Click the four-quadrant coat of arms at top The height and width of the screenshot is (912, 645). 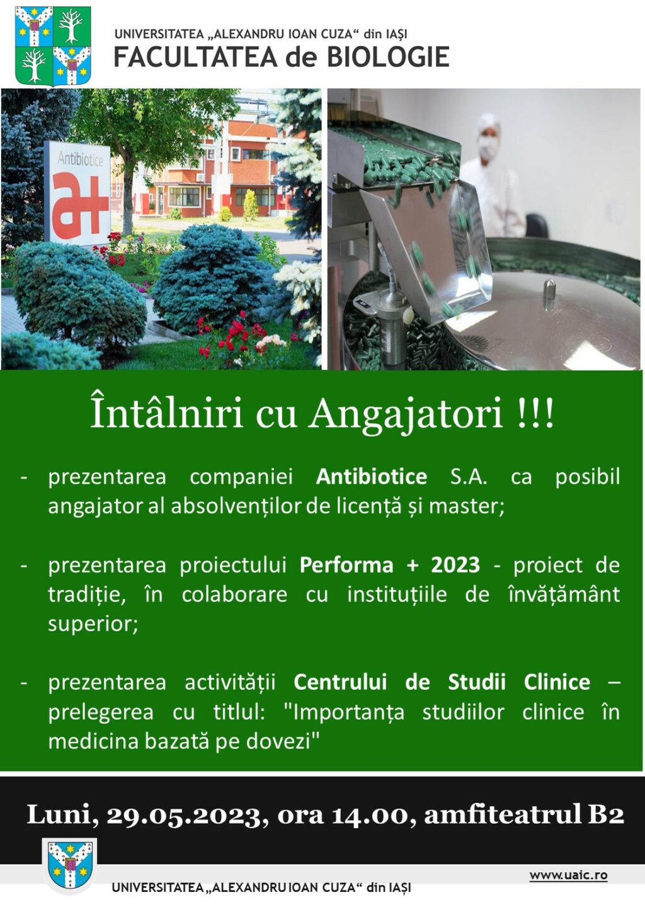[54, 46]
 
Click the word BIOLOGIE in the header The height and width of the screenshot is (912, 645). [388, 57]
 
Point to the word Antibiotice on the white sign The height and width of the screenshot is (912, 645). [80, 158]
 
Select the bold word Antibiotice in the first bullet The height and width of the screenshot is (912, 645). [372, 477]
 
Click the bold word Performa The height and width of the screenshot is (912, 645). [346, 566]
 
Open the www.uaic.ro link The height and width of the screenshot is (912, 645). [568, 875]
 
